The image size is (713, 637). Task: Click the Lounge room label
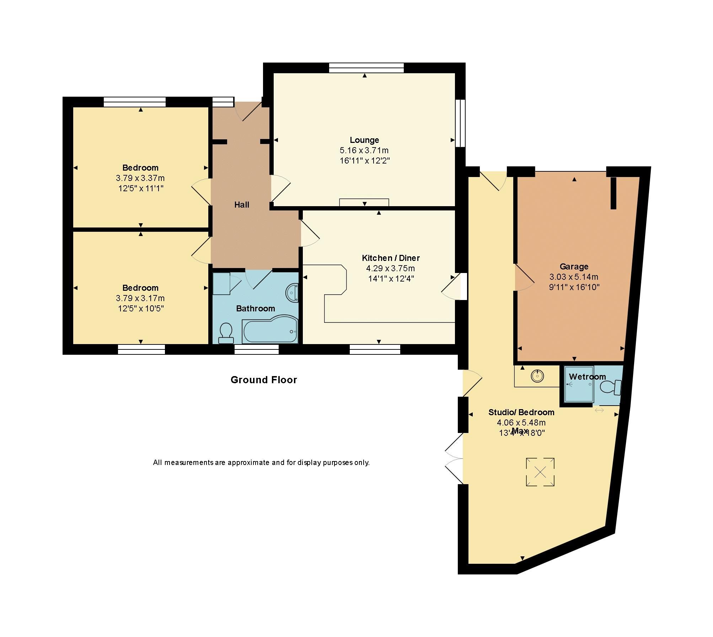click(364, 140)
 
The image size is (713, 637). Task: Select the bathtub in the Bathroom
click(269, 331)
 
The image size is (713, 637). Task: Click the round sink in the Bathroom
click(292, 293)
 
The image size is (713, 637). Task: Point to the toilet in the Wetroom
click(610, 387)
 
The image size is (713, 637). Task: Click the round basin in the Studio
click(537, 375)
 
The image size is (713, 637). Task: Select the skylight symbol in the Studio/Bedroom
click(540, 472)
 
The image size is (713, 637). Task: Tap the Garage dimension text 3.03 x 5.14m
click(574, 277)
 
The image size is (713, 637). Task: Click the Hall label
click(241, 205)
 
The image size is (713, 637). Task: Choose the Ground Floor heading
click(264, 380)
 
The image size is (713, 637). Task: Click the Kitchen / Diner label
click(391, 258)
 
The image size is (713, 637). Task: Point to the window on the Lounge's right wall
click(460, 123)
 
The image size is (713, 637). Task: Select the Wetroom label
click(587, 377)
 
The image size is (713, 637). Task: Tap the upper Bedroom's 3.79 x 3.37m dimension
click(140, 178)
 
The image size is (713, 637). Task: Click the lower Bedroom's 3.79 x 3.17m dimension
click(140, 298)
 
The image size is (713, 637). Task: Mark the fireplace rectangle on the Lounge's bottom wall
click(364, 202)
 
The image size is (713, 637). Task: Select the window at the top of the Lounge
click(366, 68)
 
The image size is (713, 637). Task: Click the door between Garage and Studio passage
click(524, 278)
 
